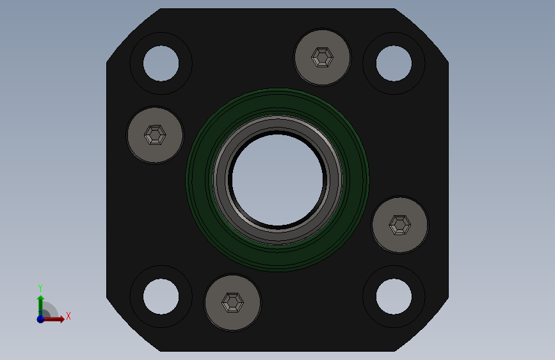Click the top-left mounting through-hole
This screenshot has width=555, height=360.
[161, 63]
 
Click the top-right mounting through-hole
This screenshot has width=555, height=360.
[394, 63]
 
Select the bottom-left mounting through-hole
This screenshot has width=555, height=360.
[161, 297]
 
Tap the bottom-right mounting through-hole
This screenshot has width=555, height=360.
[394, 297]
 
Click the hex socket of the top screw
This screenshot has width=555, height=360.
[322, 57]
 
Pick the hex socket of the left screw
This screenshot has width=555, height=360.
[155, 135]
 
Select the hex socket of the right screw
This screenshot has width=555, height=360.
[400, 225]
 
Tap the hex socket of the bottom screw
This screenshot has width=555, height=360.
[232, 302]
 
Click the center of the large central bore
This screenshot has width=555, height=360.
[277, 180]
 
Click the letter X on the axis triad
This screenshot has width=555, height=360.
[68, 316]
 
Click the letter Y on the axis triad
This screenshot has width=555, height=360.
[40, 288]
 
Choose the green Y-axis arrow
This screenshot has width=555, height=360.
[40, 303]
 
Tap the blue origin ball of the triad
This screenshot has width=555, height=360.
[40, 318]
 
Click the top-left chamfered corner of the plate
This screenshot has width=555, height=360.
[133, 35]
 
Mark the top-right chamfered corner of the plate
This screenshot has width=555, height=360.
[422, 35]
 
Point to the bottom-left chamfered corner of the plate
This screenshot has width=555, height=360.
[133, 325]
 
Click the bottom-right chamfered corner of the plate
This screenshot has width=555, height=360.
[422, 325]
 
